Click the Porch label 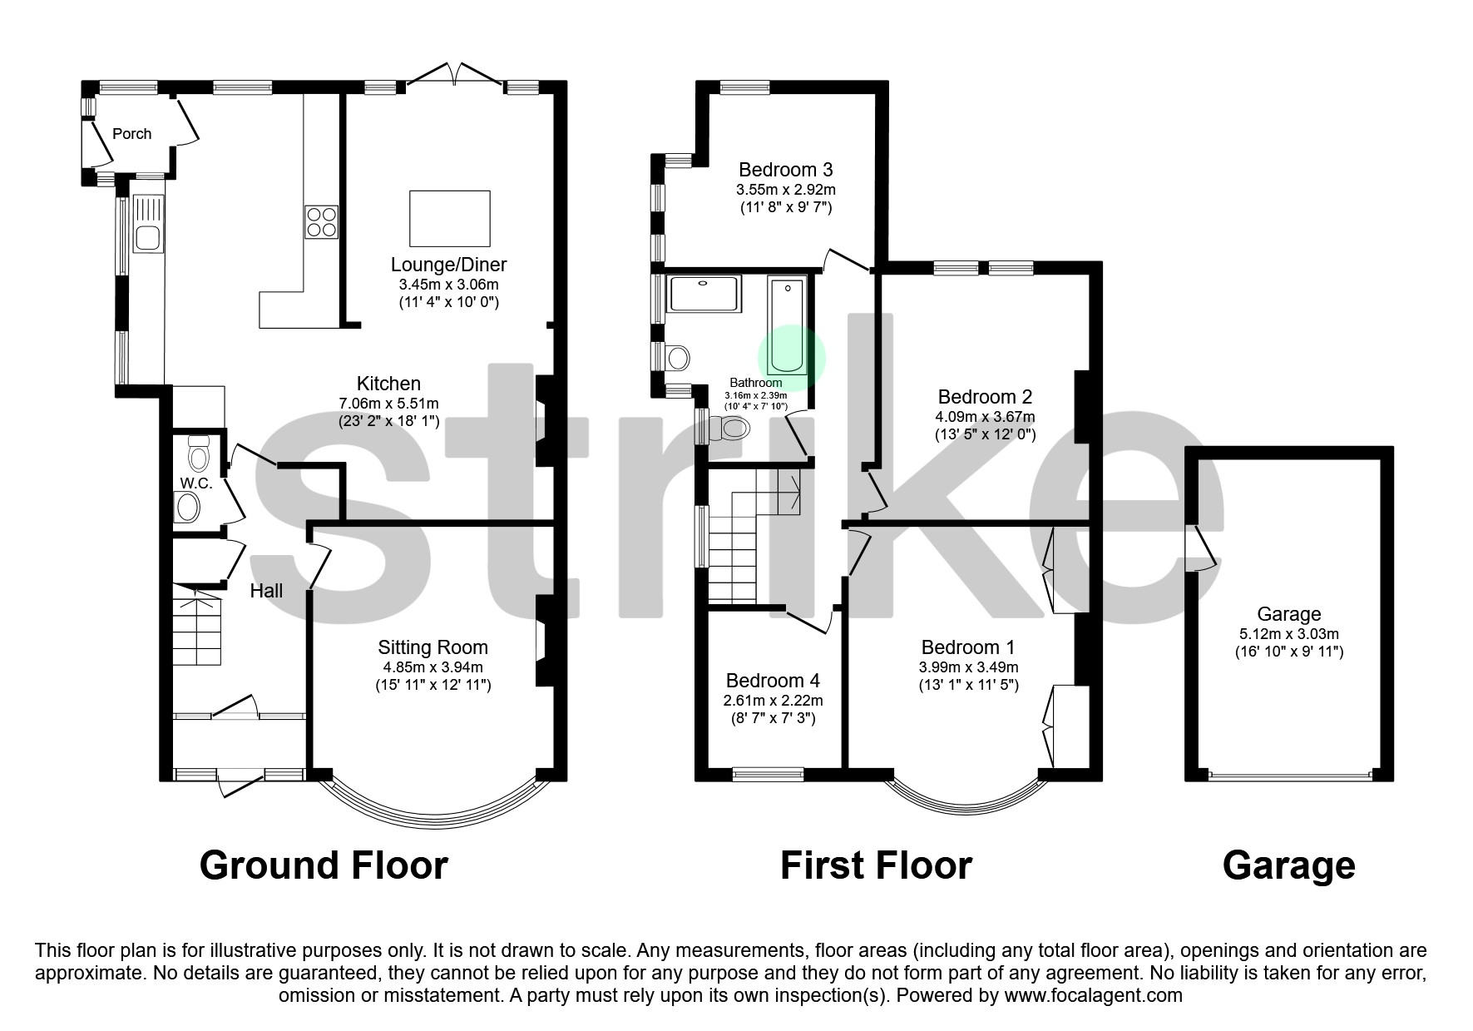[132, 134]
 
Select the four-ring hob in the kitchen [322, 221]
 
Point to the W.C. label [196, 483]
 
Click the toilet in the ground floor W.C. [199, 454]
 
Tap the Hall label [266, 591]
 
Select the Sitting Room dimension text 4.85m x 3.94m [433, 667]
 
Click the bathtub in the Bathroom [787, 327]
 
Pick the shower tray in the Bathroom [705, 294]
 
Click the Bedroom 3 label [785, 171]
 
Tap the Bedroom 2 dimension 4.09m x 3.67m [985, 417]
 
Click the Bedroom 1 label [967, 647]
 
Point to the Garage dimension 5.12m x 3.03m [1288, 634]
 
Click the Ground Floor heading [324, 865]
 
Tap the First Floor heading [875, 865]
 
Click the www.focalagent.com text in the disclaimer [1093, 995]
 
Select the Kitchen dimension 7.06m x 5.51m [388, 404]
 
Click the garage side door [1200, 549]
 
